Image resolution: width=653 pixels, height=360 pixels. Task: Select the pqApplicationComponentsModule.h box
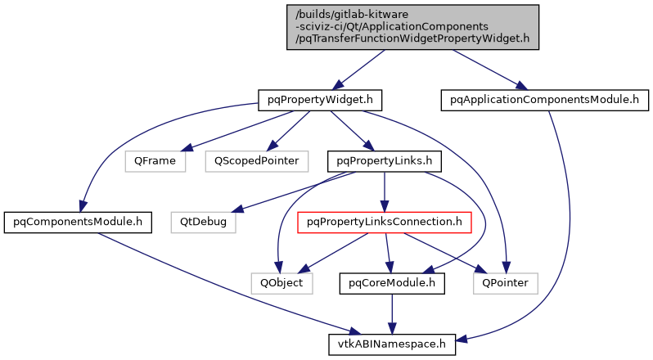(544, 100)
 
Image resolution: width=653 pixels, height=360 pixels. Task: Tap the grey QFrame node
(155, 160)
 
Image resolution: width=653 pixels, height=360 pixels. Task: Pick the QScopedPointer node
(256, 160)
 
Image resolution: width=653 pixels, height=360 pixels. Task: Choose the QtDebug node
(203, 221)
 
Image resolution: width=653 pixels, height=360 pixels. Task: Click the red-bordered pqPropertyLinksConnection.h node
(384, 221)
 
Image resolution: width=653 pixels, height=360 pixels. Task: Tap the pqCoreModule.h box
(392, 283)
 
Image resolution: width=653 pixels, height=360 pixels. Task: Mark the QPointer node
(505, 283)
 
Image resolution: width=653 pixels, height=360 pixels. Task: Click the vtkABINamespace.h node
(392, 344)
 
